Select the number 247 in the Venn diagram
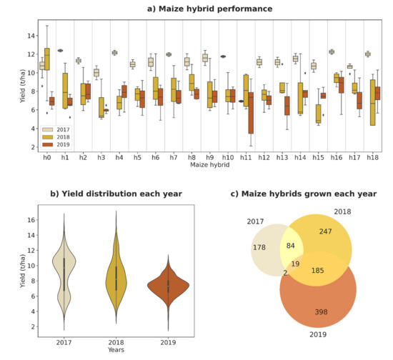325,232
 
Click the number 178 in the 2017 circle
259,247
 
